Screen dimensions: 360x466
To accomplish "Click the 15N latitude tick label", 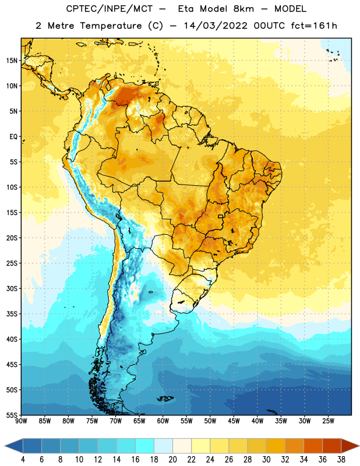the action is coord(12,61).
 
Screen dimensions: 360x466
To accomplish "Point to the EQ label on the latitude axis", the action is coord(13,137).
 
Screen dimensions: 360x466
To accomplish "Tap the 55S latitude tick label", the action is coord(12,415).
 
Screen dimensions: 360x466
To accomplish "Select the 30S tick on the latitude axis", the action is coord(12,288).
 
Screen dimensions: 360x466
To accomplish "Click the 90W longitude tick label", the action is coord(21,421).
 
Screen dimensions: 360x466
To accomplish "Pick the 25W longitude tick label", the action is coord(328,421).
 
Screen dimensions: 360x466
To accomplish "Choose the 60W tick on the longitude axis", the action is coord(163,421).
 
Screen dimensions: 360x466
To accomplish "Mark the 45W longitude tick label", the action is coord(234,421).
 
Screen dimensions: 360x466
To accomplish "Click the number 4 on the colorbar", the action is coord(23,460).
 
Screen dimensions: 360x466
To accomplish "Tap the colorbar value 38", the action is coord(341,460).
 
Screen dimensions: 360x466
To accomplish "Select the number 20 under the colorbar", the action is coord(172,460).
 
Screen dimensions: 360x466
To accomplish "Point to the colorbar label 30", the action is coord(266,460).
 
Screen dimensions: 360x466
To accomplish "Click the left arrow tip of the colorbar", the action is coord(5,446).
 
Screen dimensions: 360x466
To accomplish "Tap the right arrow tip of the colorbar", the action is coord(359,446).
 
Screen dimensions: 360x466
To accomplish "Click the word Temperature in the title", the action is coord(111,26).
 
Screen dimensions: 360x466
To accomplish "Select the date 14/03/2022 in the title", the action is coord(216,26).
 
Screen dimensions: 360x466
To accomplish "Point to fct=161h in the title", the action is coord(314,26).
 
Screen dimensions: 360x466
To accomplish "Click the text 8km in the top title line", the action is coord(243,9).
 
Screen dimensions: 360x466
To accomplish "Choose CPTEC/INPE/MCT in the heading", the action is coord(110,9).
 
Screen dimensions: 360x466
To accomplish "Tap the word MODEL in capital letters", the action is coord(290,9).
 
